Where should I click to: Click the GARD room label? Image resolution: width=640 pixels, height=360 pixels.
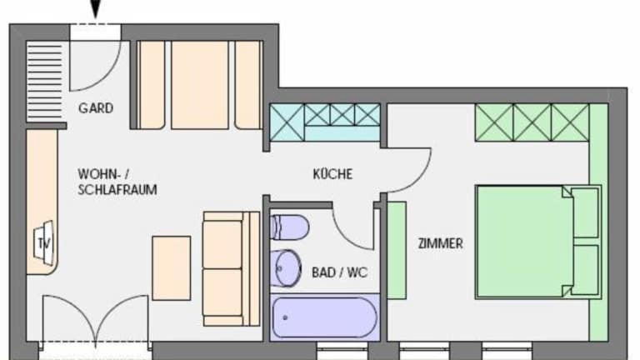96,108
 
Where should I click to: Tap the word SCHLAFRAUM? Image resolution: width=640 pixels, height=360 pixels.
117,190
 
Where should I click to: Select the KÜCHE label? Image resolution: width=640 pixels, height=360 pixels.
332,174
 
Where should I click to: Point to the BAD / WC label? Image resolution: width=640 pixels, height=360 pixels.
340,272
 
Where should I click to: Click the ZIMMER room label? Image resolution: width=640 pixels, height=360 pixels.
440,243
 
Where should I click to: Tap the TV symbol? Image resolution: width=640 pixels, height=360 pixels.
43,243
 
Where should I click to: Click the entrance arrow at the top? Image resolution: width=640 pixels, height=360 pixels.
95,8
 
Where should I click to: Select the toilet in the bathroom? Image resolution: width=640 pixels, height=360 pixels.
289,227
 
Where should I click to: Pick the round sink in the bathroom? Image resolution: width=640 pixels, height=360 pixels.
286,268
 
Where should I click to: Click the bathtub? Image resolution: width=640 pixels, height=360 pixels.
325,317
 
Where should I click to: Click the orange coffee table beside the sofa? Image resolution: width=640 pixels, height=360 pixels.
172,268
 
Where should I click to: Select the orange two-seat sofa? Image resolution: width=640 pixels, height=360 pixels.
232,268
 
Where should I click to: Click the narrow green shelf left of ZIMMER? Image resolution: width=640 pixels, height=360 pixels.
397,250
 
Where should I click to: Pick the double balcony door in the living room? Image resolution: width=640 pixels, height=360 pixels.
96,319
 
